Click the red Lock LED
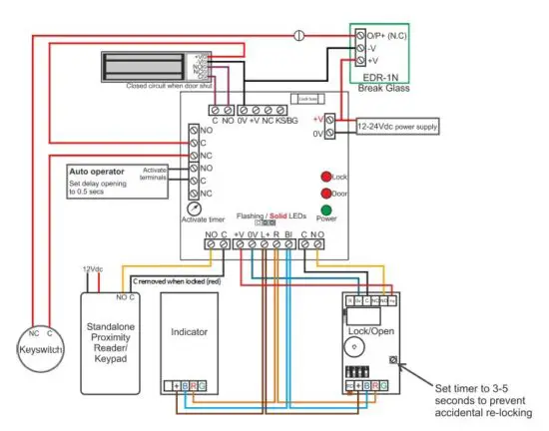[x=325, y=176]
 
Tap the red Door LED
[x=325, y=193]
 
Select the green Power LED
[x=325, y=211]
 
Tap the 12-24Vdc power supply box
[x=397, y=127]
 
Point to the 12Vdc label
[x=93, y=270]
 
